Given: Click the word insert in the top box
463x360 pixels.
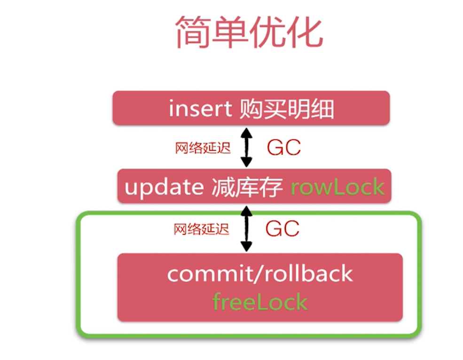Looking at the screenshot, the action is (x=200, y=110).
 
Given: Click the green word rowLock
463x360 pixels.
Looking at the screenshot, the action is (x=337, y=188).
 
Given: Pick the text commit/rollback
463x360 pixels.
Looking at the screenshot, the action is (x=259, y=274).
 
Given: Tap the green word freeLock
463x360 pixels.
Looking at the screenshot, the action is (x=260, y=302).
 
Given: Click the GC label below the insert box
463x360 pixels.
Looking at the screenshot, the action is (x=284, y=148).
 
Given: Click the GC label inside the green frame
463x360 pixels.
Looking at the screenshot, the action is (x=283, y=229).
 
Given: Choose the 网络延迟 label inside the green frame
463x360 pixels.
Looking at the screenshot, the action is (x=202, y=229).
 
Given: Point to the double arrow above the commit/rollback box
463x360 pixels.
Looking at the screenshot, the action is (x=246, y=229).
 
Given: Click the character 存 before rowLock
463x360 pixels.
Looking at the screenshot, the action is (x=273, y=188).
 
